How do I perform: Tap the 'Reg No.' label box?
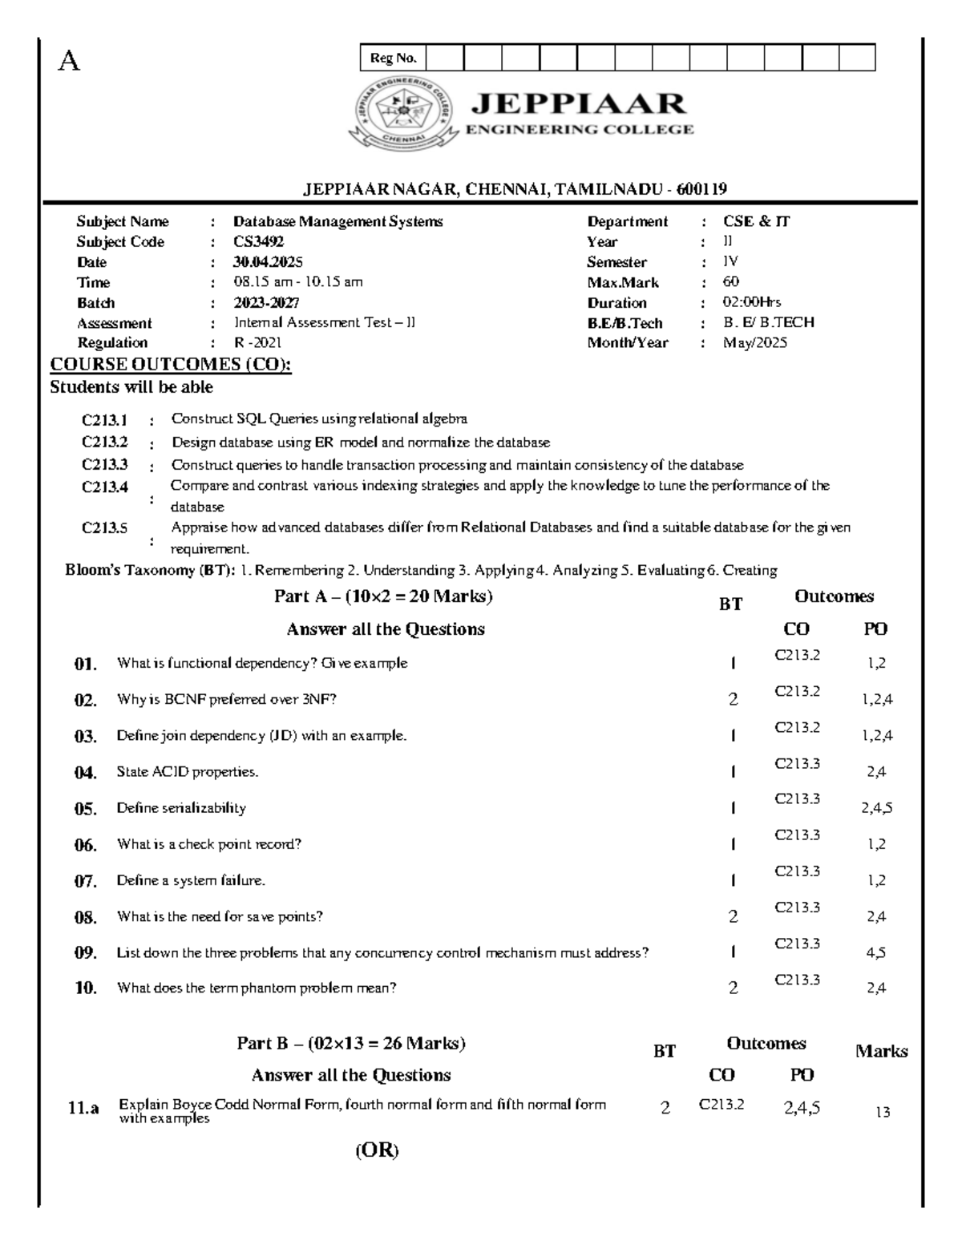(393, 58)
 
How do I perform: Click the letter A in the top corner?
(70, 61)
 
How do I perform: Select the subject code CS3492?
(258, 241)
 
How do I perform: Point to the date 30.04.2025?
(268, 262)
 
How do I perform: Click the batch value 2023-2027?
(266, 303)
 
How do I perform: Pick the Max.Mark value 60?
(731, 282)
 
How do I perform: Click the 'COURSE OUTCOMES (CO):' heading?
(171, 365)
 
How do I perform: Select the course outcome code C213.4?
(105, 487)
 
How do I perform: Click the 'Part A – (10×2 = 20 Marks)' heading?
(383, 596)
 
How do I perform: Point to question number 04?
(85, 773)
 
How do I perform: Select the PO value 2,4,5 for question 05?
(876, 808)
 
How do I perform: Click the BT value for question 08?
(733, 917)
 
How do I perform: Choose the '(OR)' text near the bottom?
(377, 1151)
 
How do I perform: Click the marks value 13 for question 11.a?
(883, 1113)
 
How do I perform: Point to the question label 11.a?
(83, 1109)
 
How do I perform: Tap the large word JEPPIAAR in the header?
(579, 104)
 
